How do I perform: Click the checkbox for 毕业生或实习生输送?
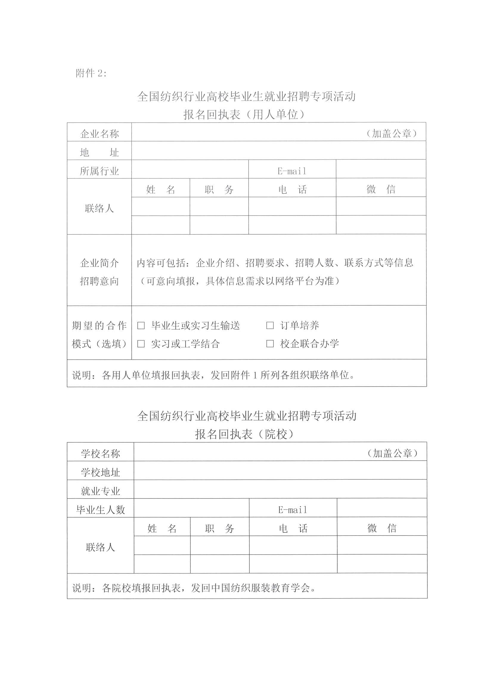(141, 325)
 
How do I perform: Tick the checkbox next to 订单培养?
(270, 325)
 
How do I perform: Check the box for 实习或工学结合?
(141, 344)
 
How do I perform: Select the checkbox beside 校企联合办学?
(270, 344)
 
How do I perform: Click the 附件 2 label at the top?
(91, 73)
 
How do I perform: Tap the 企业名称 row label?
(100, 133)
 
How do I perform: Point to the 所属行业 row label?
(100, 171)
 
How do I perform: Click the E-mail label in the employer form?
(292, 171)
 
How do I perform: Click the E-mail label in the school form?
(293, 510)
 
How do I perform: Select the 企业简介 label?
(100, 263)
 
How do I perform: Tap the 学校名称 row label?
(100, 453)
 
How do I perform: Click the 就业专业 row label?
(100, 491)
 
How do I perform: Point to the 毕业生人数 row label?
(100, 510)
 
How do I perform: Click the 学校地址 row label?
(100, 472)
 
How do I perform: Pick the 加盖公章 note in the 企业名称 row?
(391, 133)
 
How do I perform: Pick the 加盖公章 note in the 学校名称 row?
(392, 453)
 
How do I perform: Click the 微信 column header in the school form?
(382, 528)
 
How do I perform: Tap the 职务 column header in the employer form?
(219, 190)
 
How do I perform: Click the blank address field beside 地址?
(278, 150)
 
